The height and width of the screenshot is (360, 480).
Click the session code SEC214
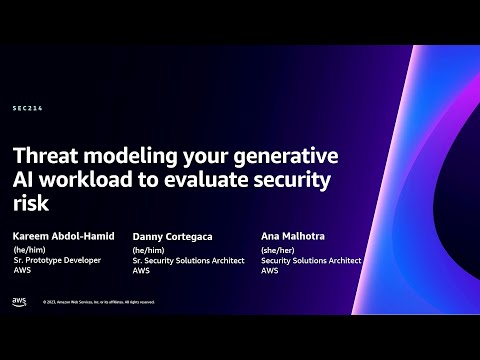(x=29, y=108)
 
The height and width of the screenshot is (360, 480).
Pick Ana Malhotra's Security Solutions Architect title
(x=312, y=261)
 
